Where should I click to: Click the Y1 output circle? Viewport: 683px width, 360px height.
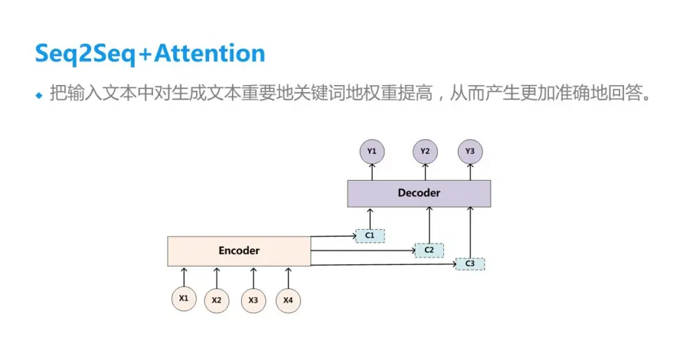[371, 152]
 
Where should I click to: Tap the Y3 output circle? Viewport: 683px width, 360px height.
[470, 152]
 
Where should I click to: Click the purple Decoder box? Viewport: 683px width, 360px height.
[419, 194]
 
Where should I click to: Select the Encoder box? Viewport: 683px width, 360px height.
[239, 250]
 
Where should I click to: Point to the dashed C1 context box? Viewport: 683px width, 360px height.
[370, 235]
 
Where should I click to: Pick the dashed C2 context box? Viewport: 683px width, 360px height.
[429, 250]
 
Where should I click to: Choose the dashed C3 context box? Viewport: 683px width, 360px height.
[470, 264]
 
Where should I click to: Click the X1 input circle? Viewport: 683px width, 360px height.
[183, 299]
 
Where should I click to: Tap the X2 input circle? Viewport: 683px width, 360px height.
[217, 300]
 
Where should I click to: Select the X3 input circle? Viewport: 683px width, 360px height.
[253, 300]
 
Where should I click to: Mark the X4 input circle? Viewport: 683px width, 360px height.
[288, 299]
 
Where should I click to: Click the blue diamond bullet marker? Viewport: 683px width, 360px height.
[40, 96]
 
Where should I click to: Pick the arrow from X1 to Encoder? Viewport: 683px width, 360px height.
[183, 275]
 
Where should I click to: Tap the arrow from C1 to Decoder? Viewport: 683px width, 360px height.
[370, 218]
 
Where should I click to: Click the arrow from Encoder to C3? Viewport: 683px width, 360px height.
[383, 264]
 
